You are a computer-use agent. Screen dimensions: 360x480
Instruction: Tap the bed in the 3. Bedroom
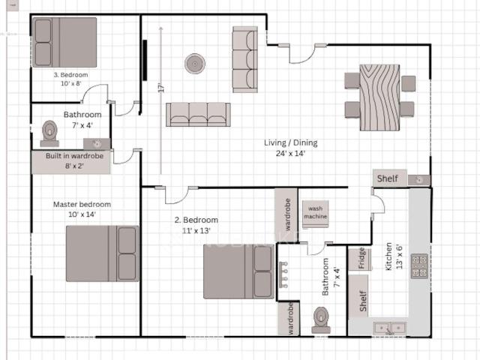64,43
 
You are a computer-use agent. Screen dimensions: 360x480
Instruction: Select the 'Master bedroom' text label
82,204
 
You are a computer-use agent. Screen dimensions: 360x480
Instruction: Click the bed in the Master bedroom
102,253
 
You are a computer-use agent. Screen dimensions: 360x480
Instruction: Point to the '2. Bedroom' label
196,220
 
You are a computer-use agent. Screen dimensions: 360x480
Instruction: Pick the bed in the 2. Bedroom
238,271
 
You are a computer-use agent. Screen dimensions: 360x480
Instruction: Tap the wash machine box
315,211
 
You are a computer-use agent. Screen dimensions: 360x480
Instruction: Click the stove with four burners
419,266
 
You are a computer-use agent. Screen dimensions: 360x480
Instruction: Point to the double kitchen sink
389,328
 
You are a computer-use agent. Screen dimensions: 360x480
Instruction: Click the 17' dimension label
160,88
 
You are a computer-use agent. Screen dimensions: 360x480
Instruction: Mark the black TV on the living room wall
144,60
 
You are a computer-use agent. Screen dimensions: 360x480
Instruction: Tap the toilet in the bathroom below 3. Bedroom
49,133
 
